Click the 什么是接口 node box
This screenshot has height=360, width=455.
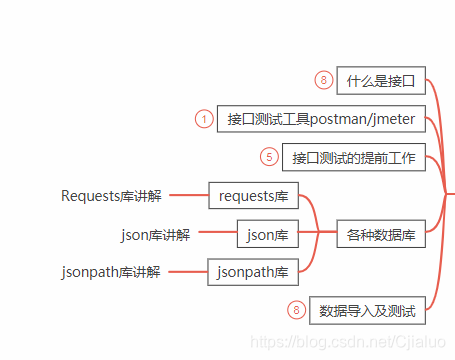click(x=381, y=80)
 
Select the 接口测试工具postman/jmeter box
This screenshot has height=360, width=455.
click(x=321, y=119)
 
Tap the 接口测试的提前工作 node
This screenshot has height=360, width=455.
click(x=354, y=157)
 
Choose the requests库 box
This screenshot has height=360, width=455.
click(x=253, y=196)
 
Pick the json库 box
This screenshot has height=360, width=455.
click(x=267, y=235)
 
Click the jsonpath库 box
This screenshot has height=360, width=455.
click(x=253, y=272)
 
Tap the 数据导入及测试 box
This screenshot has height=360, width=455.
click(x=368, y=310)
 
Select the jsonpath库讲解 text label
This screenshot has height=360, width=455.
click(x=111, y=272)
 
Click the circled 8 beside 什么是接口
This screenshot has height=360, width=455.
click(x=322, y=80)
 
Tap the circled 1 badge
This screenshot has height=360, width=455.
click(x=204, y=119)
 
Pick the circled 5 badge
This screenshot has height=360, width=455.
click(x=268, y=157)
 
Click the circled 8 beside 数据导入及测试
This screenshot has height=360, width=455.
click(x=295, y=310)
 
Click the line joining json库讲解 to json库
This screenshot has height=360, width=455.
click(x=214, y=235)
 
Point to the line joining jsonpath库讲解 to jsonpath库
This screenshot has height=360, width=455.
click(x=185, y=272)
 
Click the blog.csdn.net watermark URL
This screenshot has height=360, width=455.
click(x=348, y=343)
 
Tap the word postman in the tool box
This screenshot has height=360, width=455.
click(x=340, y=119)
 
